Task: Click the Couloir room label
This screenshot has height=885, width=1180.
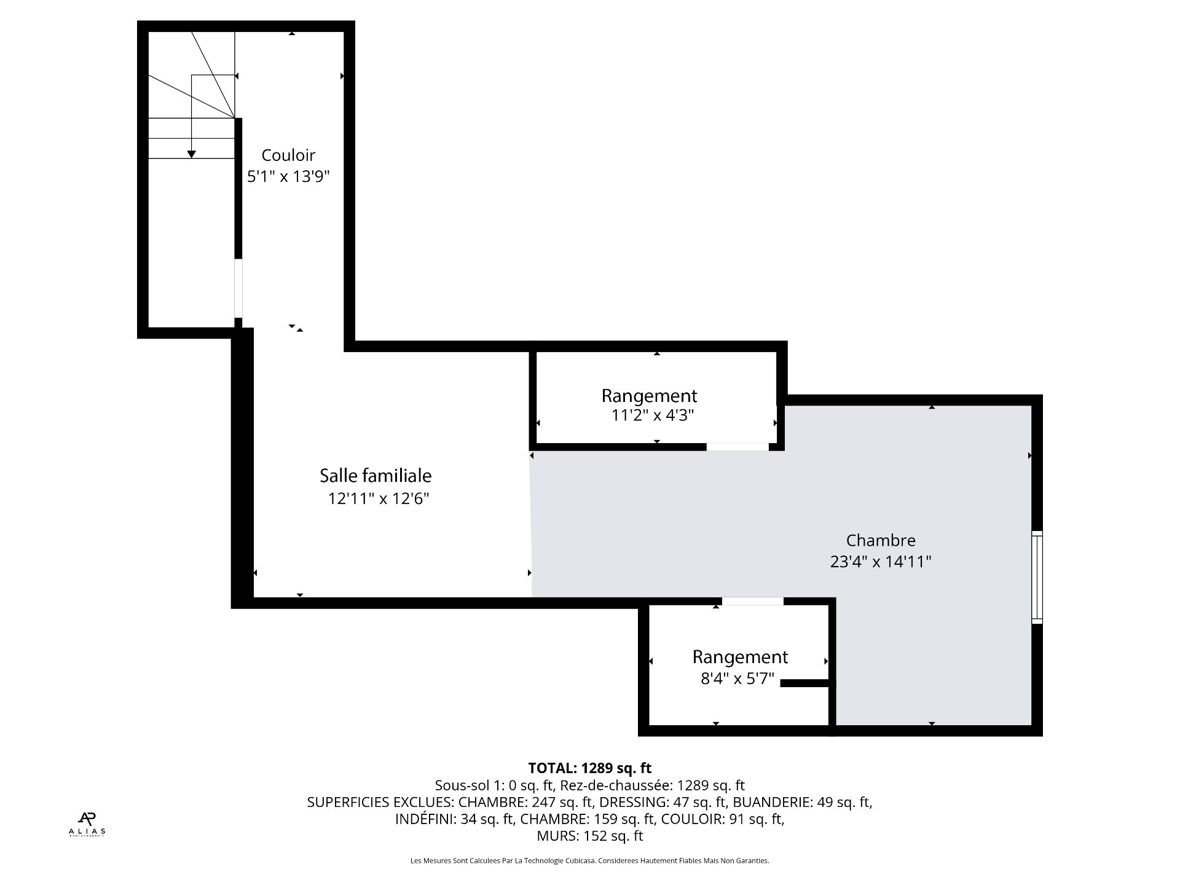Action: (288, 155)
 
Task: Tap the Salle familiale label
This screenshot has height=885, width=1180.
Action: (376, 476)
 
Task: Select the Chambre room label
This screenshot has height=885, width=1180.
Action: (881, 540)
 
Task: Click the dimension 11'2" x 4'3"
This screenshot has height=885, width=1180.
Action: (652, 415)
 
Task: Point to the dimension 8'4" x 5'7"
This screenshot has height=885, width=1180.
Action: (737, 679)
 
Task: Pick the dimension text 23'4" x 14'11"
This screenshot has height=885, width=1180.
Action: (881, 562)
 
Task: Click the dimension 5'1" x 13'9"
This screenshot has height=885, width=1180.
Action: (288, 177)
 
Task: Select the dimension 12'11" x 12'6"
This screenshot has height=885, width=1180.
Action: (378, 498)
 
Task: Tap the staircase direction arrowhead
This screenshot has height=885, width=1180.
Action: (192, 154)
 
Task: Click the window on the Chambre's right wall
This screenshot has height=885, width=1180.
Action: (1037, 577)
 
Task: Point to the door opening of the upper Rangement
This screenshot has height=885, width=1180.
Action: (737, 447)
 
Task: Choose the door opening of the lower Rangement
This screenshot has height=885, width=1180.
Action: (752, 602)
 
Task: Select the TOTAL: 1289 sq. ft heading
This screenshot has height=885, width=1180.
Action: (589, 768)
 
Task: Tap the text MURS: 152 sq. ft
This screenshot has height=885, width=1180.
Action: (589, 836)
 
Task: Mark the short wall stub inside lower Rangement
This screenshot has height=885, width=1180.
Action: (805, 683)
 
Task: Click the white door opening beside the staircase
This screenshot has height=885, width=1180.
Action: (238, 288)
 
